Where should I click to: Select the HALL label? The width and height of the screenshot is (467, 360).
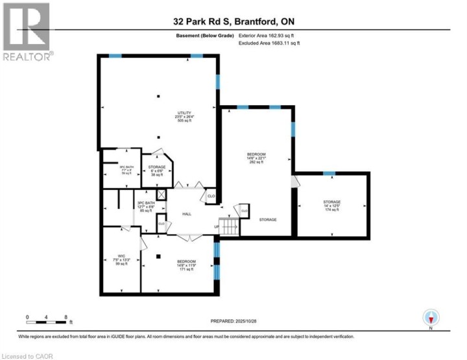point(187,214)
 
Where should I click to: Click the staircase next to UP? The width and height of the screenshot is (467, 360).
point(228,226)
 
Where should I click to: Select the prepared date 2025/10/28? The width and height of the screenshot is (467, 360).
point(243,321)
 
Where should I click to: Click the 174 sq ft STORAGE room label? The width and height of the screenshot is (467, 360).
point(332,206)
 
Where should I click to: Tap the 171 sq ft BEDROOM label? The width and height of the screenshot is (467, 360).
point(186,265)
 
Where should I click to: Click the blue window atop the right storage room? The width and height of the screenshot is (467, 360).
point(329,173)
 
